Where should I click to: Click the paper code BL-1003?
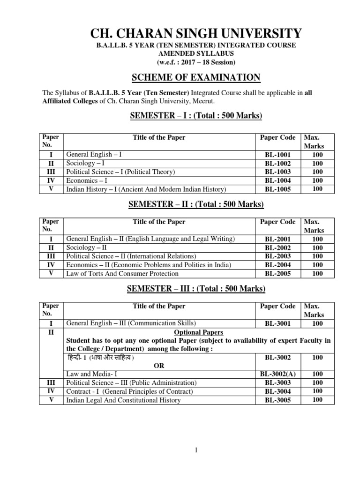[278, 172]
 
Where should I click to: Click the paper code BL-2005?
[278, 273]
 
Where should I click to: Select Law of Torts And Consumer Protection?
[122, 273]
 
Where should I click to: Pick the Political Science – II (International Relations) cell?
[131, 256]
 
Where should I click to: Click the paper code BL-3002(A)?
[278, 374]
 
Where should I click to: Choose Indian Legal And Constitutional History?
[123, 400]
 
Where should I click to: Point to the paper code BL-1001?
[278, 154]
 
